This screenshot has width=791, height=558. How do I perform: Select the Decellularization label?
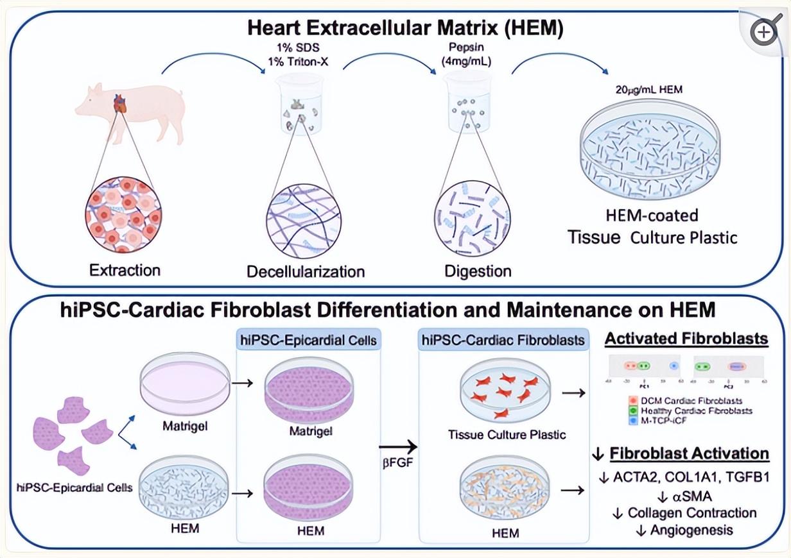tap(306, 271)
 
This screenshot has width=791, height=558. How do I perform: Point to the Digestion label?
tap(478, 271)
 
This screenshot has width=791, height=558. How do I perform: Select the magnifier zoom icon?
tap(764, 31)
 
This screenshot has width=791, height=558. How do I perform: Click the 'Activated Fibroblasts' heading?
tap(686, 339)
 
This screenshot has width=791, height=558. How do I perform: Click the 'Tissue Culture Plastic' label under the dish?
tap(507, 435)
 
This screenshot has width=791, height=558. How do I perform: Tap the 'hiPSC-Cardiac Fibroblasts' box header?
tap(502, 339)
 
